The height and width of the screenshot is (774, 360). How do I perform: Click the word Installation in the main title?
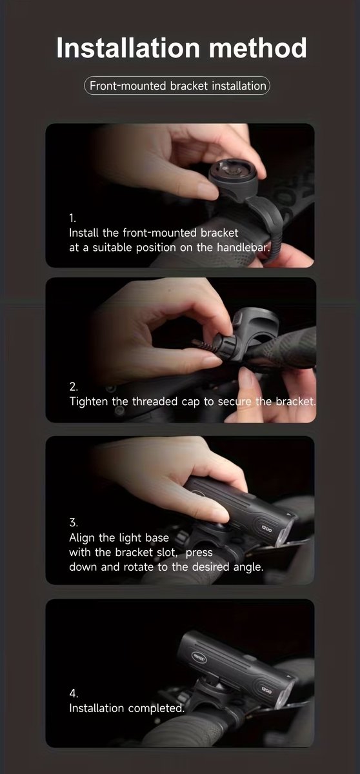tap(128, 47)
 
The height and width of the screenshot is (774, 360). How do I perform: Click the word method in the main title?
tap(257, 47)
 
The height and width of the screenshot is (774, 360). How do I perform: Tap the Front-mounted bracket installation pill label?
tap(177, 86)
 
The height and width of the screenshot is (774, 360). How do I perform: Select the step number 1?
tap(72, 218)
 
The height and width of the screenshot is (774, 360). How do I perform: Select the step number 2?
tap(74, 386)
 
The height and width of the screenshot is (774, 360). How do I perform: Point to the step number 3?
tap(74, 522)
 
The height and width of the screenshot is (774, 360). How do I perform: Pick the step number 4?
tap(74, 693)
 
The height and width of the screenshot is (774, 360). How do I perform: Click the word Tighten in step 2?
tap(89, 401)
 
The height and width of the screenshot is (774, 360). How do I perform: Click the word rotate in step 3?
tap(139, 567)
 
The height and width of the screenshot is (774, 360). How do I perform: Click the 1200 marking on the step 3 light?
tap(266, 528)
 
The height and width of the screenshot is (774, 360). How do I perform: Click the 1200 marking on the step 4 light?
tap(266, 690)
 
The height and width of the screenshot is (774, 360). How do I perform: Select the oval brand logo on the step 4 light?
tap(199, 657)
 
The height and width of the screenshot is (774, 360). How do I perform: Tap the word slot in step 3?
tap(167, 552)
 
